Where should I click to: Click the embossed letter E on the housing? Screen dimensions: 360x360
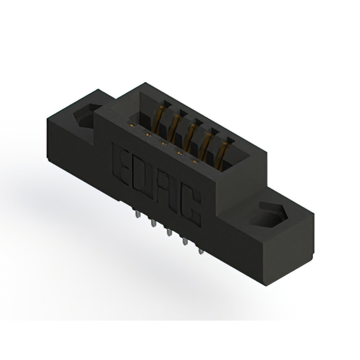(120, 166)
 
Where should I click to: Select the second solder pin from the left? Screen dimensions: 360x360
(152, 223)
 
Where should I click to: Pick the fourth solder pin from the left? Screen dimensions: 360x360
(184, 241)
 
